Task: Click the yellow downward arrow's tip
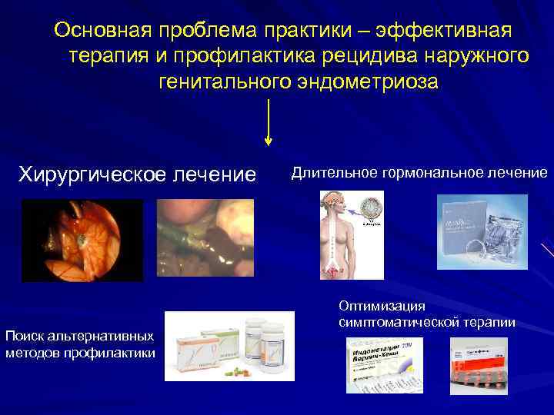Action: point(268,141)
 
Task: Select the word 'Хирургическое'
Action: point(83,174)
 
